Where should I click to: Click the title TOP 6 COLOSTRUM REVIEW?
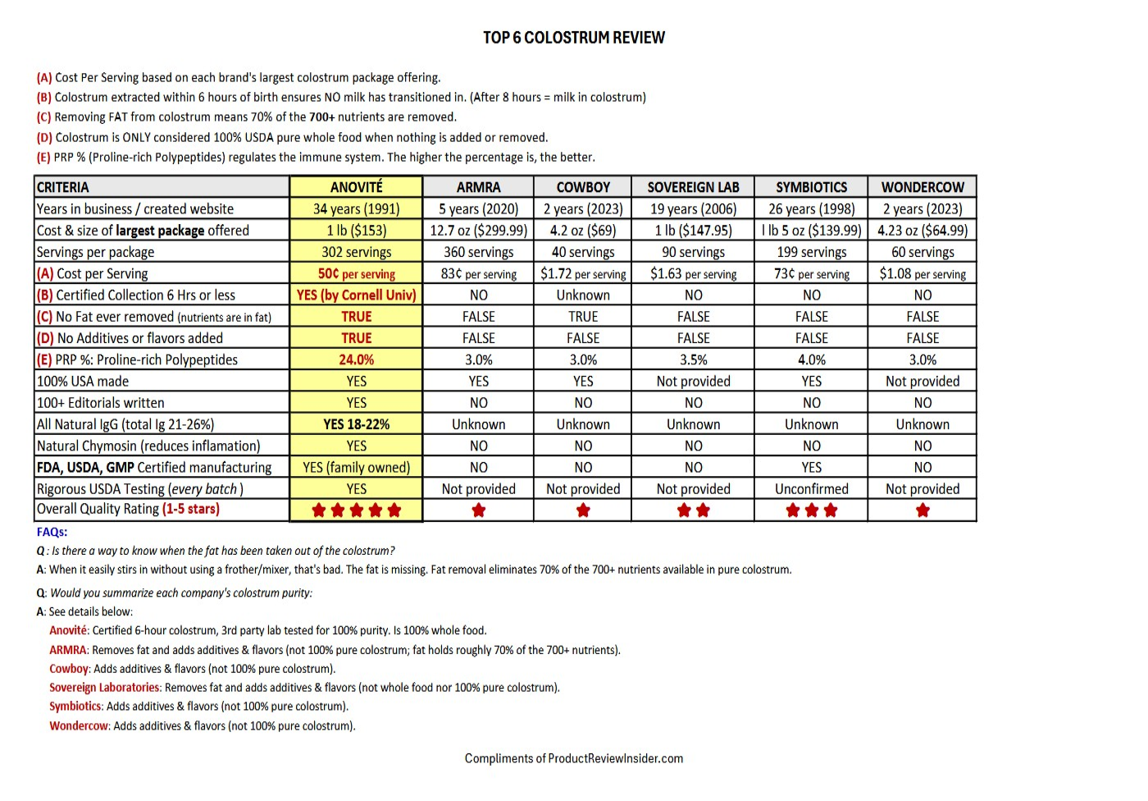click(573, 38)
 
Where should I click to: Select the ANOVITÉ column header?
click(356, 187)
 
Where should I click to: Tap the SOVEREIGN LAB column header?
click(693, 187)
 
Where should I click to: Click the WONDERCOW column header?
click(922, 187)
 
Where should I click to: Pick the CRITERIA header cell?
click(63, 187)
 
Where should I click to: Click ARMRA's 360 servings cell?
click(478, 252)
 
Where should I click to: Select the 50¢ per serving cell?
click(356, 273)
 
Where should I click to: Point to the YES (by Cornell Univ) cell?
click(356, 295)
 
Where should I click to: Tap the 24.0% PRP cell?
click(356, 359)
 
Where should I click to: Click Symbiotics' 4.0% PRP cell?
click(811, 359)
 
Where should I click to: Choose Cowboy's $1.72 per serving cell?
click(582, 273)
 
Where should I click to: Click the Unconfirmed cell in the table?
click(811, 489)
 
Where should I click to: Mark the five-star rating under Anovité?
click(356, 510)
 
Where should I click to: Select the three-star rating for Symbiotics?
click(811, 510)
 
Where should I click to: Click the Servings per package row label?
click(95, 252)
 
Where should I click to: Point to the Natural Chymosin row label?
click(148, 446)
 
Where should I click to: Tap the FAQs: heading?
click(52, 532)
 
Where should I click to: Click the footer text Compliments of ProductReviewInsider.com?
click(573, 758)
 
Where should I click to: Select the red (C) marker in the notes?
click(43, 117)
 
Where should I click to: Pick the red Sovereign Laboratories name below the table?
click(104, 688)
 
